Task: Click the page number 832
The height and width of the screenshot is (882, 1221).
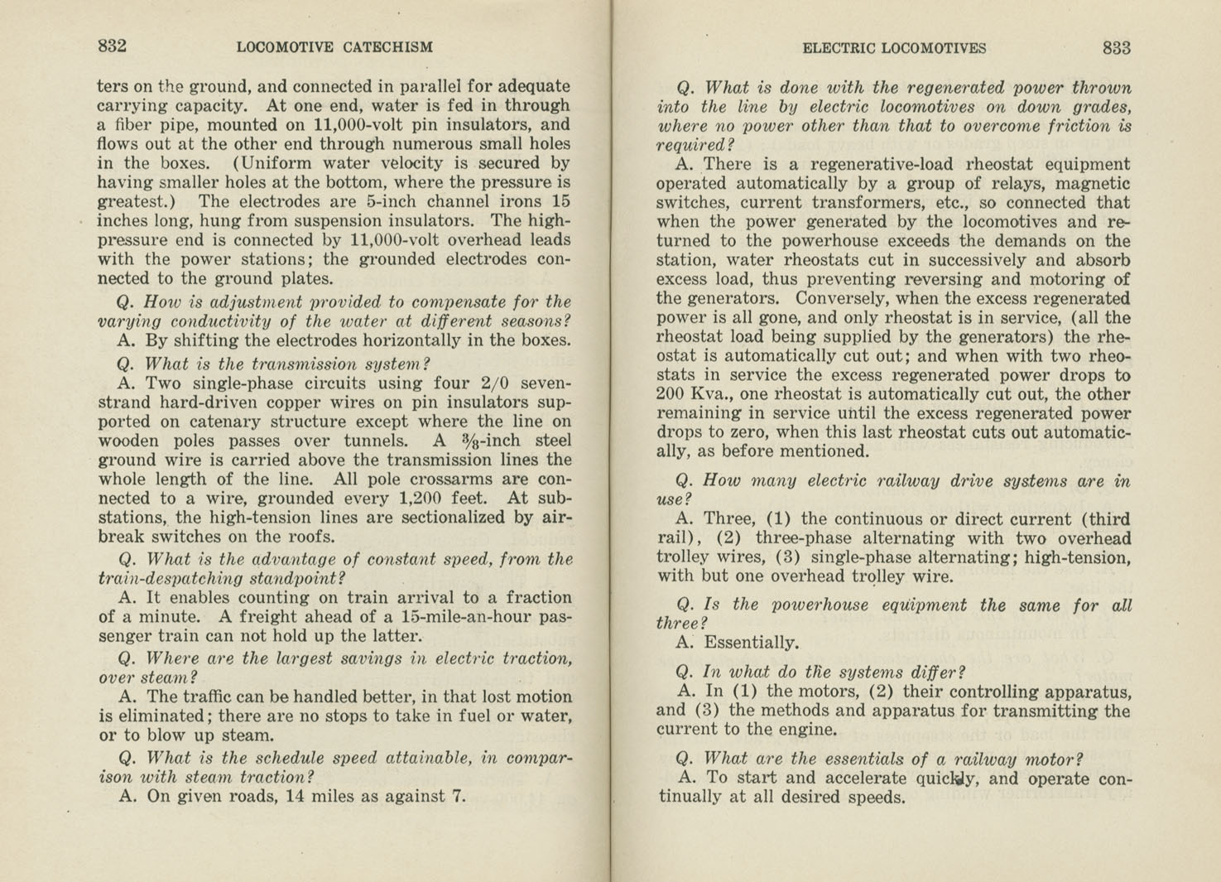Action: (112, 46)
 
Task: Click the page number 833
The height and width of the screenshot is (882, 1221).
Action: (1116, 48)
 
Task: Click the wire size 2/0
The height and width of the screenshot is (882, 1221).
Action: (496, 383)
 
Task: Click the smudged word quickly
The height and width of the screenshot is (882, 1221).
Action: (949, 778)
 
